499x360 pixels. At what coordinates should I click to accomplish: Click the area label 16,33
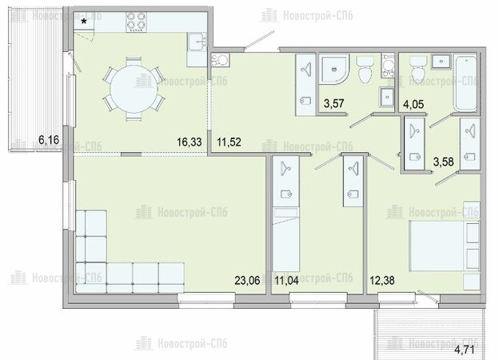[190, 142]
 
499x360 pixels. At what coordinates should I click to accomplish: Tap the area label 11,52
[229, 142]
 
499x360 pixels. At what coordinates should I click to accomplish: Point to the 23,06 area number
[247, 281]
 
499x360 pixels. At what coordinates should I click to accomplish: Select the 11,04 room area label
[287, 281]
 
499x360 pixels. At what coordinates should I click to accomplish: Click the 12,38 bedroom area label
[382, 281]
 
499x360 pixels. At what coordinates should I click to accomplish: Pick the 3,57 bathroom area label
[333, 104]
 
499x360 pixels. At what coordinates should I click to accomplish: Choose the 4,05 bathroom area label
[413, 104]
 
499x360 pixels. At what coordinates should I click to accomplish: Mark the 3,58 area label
[443, 162]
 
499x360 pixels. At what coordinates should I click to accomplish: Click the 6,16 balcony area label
[49, 139]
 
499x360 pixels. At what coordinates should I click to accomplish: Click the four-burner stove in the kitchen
[136, 22]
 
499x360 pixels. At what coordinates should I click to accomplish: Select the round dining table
[134, 89]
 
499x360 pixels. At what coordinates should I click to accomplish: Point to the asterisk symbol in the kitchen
[84, 22]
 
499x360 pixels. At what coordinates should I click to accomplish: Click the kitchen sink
[197, 42]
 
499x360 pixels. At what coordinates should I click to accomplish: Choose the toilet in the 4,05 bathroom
[417, 70]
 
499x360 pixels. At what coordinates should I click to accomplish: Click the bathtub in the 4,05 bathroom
[465, 83]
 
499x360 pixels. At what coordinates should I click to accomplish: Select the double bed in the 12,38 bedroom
[445, 246]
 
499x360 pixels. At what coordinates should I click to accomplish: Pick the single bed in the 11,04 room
[286, 239]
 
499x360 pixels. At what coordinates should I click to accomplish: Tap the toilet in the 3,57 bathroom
[365, 70]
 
